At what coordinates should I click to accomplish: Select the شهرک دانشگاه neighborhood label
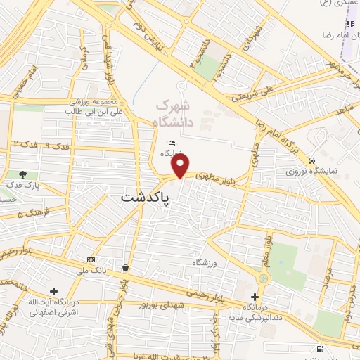pyautogui.click(x=172, y=115)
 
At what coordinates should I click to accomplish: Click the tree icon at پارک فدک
pyautogui.click(x=23, y=174)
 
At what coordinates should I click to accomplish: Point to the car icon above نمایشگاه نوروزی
pyautogui.click(x=312, y=160)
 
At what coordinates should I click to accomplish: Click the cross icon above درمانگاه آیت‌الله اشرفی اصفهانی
pyautogui.click(x=53, y=291)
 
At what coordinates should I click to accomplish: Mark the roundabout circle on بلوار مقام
pyautogui.click(x=263, y=279)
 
